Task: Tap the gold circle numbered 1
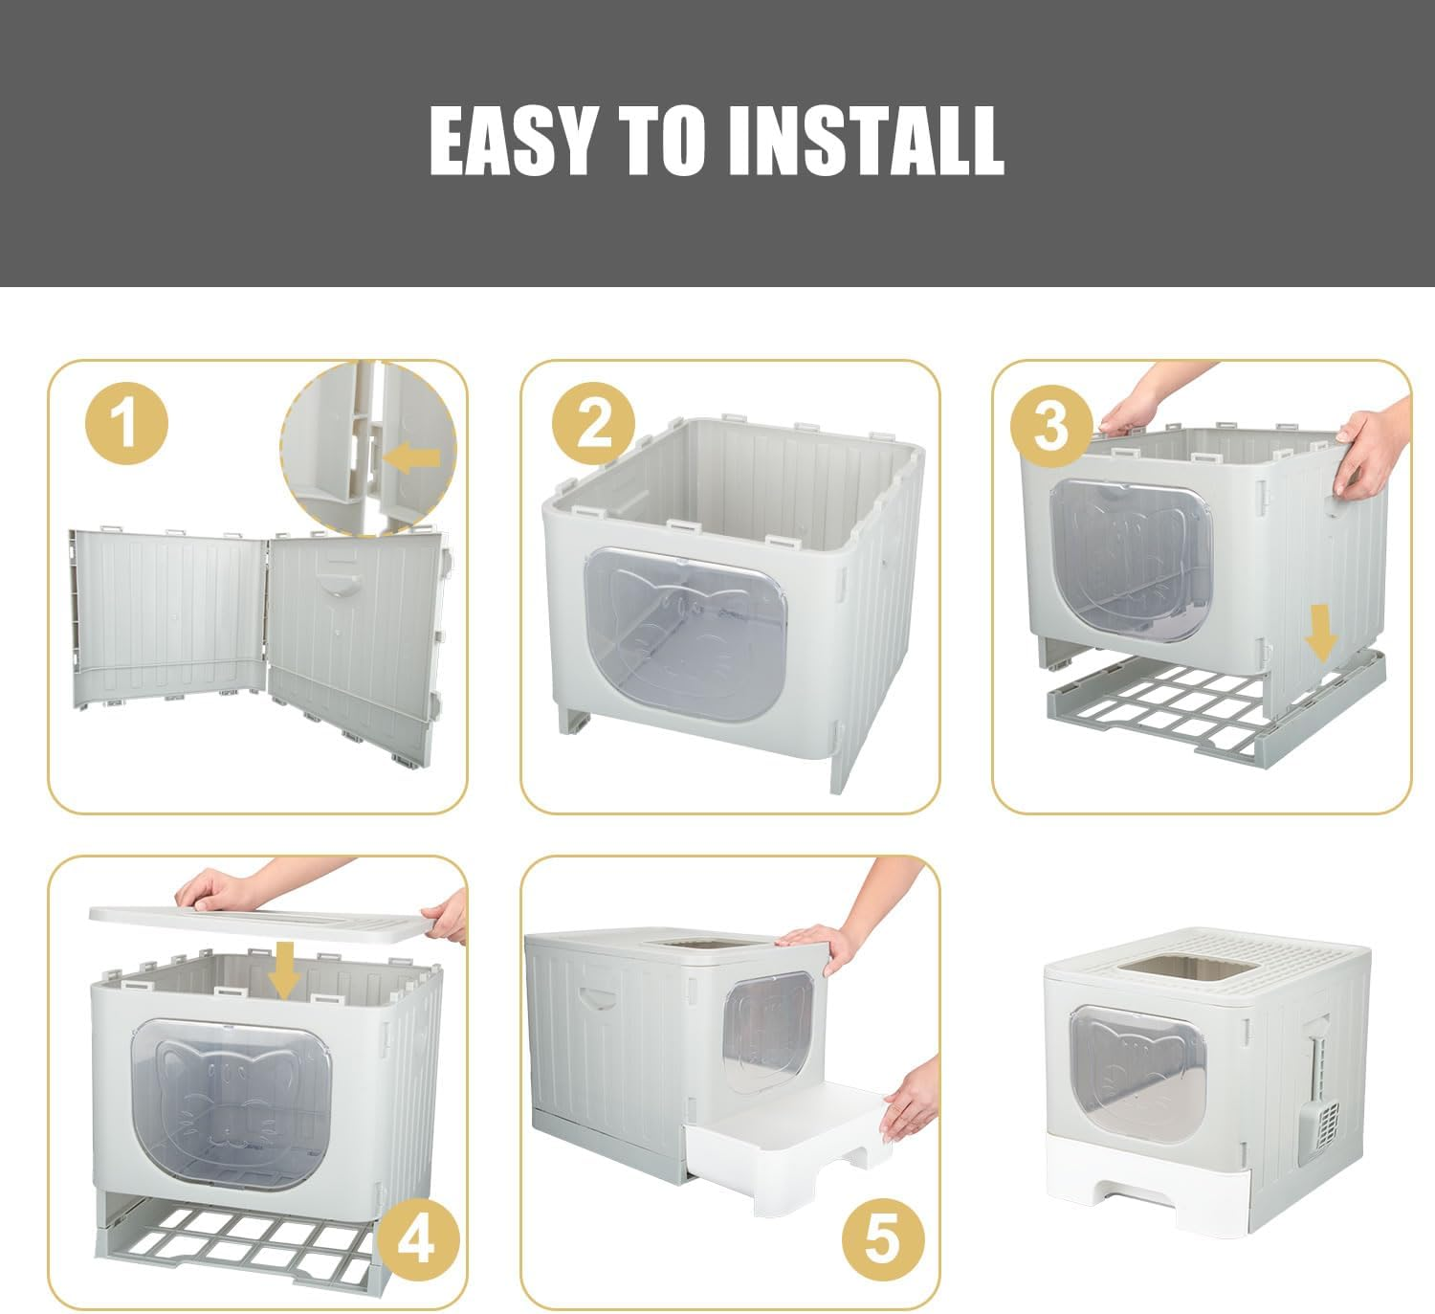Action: pyautogui.click(x=126, y=423)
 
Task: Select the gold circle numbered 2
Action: pyautogui.click(x=593, y=424)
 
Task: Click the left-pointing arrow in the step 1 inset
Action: pyautogui.click(x=411, y=457)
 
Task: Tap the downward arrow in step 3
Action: pyautogui.click(x=1321, y=633)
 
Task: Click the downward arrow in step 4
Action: pyautogui.click(x=285, y=970)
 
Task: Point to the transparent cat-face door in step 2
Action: pyautogui.click(x=685, y=635)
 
